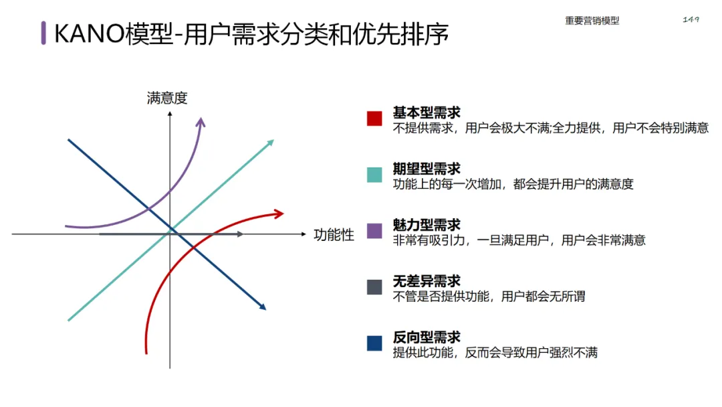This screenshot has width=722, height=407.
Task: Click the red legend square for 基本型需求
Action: [374, 118]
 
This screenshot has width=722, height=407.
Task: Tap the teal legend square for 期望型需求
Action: [374, 175]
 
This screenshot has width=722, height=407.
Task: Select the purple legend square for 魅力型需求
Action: [374, 231]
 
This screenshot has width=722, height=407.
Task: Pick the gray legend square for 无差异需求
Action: [374, 287]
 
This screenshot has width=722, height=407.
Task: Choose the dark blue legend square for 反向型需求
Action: [374, 343]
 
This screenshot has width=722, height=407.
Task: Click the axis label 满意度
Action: [167, 98]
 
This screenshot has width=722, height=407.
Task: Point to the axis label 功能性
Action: [334, 234]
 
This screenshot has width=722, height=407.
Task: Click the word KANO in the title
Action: [88, 33]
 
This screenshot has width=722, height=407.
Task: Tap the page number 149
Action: [691, 19]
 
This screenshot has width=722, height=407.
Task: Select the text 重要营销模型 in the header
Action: [592, 21]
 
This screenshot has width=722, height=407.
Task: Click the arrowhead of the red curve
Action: [279, 213]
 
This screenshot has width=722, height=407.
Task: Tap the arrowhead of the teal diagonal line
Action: [271, 142]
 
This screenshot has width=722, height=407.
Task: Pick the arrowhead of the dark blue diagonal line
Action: [263, 307]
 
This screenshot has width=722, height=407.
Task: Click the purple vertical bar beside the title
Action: [43, 33]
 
